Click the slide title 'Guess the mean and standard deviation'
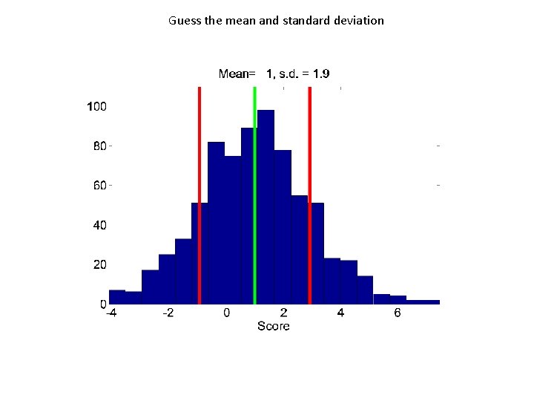pos(276,21)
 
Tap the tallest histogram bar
pos(266,208)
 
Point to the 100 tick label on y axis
pos(97,107)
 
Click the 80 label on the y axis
pos(99,146)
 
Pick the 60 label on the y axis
pos(99,186)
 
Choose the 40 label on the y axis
pos(99,225)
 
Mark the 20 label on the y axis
pos(99,264)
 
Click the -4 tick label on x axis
pos(111,313)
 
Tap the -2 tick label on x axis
pos(168,313)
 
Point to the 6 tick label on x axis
pos(398,313)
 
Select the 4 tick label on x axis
pos(340,313)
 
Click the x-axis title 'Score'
pos(273,326)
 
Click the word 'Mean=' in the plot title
pos(237,74)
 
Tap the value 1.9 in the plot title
pos(321,74)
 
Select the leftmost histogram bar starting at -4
pos(117,297)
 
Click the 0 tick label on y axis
pos(103,304)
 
